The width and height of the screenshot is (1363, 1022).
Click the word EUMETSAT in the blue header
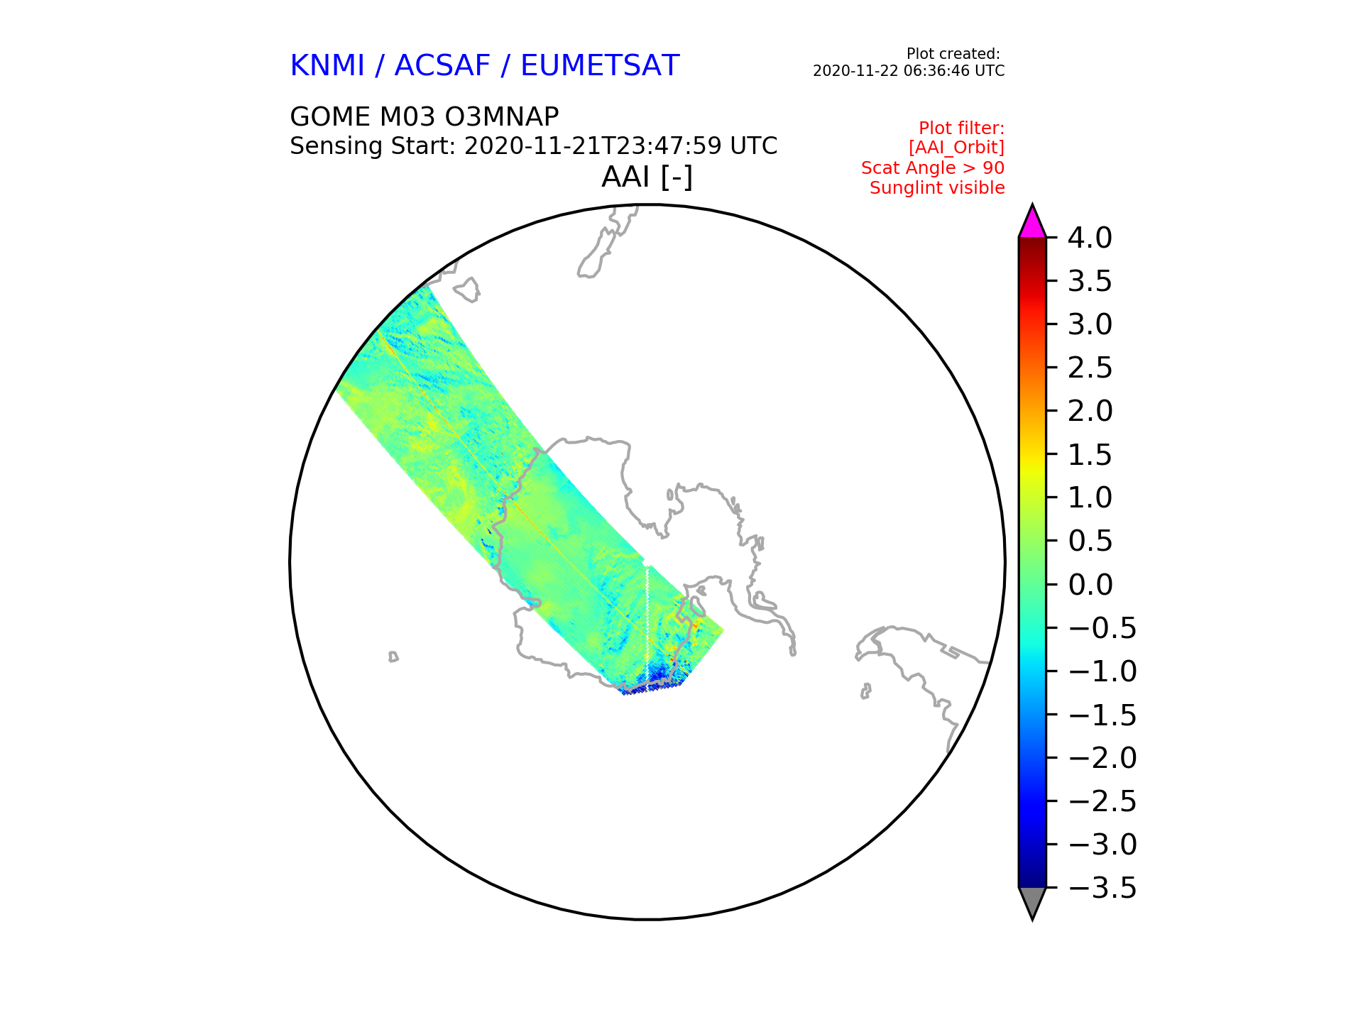pos(600,65)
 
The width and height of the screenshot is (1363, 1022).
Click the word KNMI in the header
pos(327,65)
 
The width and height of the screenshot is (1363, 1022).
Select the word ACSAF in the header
pos(442,65)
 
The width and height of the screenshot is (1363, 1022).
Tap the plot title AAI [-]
pos(647,177)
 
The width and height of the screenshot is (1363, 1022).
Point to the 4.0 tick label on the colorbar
pos(1090,238)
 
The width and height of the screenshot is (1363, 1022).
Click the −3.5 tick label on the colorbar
pos(1102,888)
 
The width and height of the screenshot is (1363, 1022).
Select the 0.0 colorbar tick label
pos(1090,585)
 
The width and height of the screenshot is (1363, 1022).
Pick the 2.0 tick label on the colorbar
pos(1090,411)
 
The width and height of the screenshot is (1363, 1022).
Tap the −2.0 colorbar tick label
pos(1102,758)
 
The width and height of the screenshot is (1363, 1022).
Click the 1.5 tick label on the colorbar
pos(1090,455)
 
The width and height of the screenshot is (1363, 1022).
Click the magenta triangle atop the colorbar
pos(1032,222)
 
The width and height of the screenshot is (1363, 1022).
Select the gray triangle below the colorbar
pos(1032,903)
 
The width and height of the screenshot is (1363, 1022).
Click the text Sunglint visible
pos(937,188)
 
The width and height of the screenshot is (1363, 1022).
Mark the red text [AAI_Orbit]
pos(956,148)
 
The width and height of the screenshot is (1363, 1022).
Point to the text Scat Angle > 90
pos(933,168)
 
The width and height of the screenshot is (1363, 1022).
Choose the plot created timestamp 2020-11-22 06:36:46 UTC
pos(909,71)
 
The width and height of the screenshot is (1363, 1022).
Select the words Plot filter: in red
pos(961,128)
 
